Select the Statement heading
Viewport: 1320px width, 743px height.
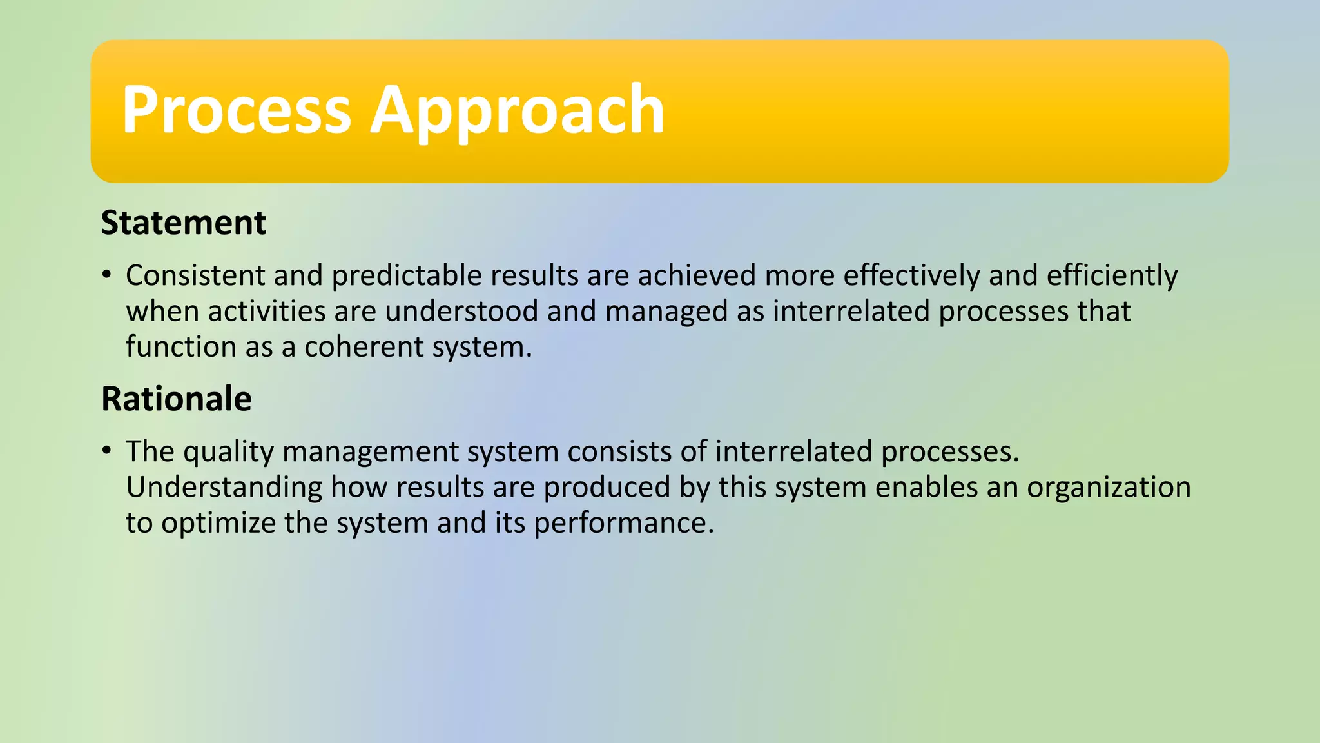click(x=183, y=223)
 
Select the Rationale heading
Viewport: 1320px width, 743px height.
click(x=176, y=399)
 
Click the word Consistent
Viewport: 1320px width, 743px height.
click(x=195, y=275)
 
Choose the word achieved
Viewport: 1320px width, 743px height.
click(x=697, y=275)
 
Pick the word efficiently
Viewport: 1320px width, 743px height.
click(x=1112, y=275)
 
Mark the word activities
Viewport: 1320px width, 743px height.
click(x=266, y=312)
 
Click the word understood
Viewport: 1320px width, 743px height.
click(x=461, y=312)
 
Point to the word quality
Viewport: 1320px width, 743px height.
click(x=228, y=451)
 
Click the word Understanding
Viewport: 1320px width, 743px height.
click(x=224, y=487)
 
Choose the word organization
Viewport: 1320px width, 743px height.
click(x=1108, y=487)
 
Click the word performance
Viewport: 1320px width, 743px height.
click(x=623, y=523)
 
